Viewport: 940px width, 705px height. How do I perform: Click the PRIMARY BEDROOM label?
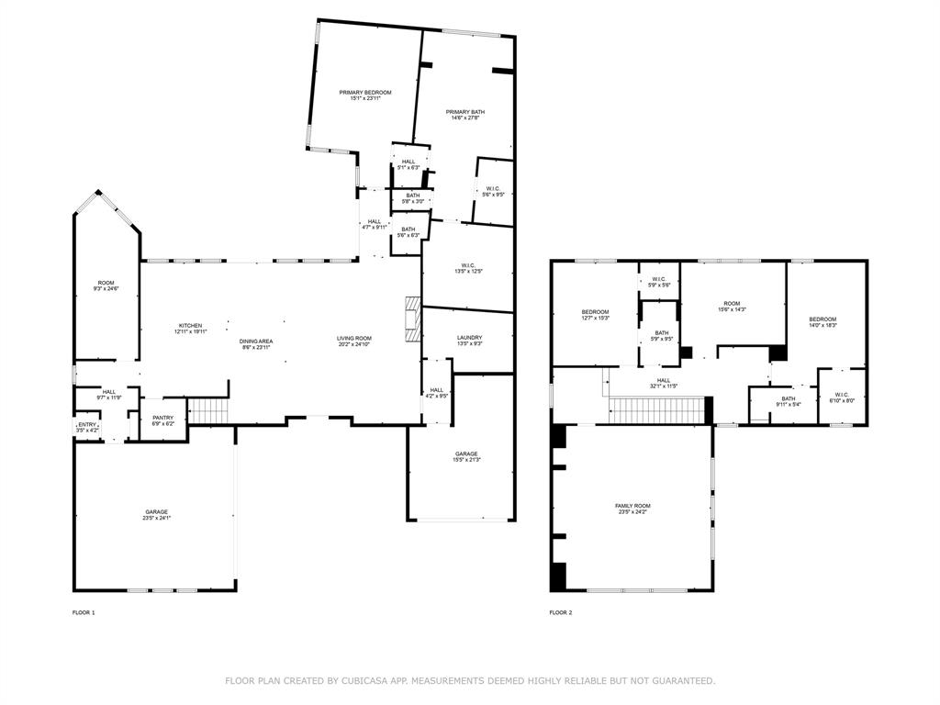(x=365, y=93)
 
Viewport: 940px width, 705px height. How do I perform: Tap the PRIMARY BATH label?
(x=465, y=112)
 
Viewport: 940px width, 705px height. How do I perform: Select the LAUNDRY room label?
(x=469, y=338)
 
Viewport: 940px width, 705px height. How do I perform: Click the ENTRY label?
(x=87, y=424)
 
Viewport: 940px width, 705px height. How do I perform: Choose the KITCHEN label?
(x=190, y=326)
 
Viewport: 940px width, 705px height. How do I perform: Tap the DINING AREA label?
(x=256, y=341)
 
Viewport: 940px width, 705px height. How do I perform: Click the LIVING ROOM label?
(x=353, y=338)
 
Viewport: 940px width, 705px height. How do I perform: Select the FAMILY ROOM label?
(x=632, y=506)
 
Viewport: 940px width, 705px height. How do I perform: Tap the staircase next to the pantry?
(x=208, y=411)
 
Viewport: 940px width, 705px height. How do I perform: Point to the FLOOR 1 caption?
(x=84, y=612)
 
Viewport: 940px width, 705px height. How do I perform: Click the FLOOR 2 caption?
(x=561, y=612)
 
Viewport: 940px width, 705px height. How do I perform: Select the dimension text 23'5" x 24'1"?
(x=156, y=518)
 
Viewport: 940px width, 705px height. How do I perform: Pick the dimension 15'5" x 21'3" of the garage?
(x=466, y=460)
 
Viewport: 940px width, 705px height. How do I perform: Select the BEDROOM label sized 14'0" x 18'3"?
(x=822, y=319)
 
